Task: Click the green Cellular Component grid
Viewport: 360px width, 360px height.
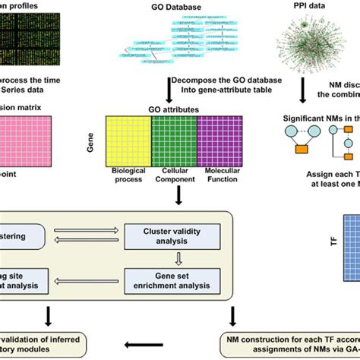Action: click(174, 140)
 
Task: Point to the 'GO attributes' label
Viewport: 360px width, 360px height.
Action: click(175, 110)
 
